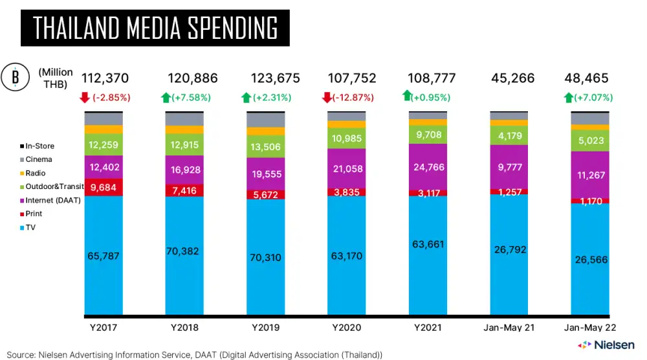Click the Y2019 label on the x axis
click(x=266, y=328)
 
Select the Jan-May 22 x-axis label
click(x=589, y=328)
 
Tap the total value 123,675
click(x=266, y=79)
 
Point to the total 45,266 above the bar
click(x=509, y=79)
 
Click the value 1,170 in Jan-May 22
click(x=589, y=201)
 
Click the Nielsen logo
click(x=606, y=344)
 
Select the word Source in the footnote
click(x=21, y=355)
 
